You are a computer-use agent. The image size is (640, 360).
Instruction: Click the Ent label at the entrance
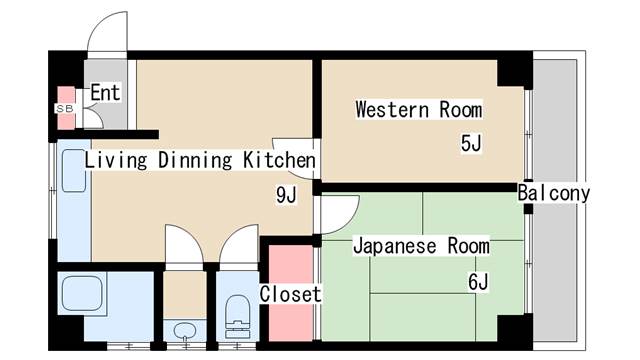point(105,92)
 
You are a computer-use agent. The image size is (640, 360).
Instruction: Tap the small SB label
point(65,109)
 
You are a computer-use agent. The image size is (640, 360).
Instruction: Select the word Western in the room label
point(392,109)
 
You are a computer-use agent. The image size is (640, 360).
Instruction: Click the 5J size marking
point(471,143)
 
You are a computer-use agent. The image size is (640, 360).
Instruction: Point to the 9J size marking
point(286,195)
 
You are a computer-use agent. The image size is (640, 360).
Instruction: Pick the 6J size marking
point(478,281)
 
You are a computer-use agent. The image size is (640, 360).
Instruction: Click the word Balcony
point(554,193)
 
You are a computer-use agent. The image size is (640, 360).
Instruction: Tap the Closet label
point(290,294)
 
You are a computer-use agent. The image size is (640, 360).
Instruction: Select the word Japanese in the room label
point(395,246)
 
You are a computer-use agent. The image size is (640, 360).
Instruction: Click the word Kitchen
point(280,160)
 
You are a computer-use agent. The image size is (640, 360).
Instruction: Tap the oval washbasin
point(184,331)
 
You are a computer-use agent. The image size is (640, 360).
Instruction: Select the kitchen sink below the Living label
point(73,171)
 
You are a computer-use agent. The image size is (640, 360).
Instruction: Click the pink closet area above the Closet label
point(291,264)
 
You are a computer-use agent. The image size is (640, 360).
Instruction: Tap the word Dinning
point(195,160)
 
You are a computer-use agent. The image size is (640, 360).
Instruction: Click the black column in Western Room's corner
point(515,73)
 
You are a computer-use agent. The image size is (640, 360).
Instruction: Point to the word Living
point(116,160)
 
